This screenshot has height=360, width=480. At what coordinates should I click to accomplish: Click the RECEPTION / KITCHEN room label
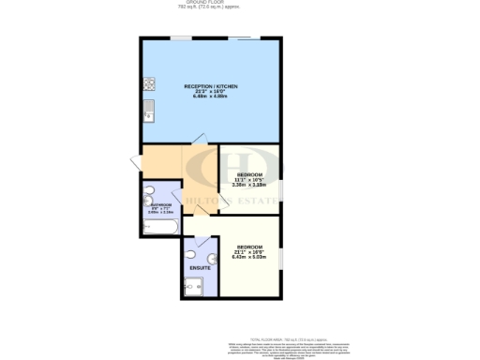(212, 86)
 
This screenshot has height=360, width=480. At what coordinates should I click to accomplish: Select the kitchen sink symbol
(148, 115)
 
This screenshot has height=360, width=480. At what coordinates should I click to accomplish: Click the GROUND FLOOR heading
(239, 4)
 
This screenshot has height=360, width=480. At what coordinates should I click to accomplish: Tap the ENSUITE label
(200, 268)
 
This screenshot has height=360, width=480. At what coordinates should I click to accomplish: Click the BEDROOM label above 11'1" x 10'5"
(249, 174)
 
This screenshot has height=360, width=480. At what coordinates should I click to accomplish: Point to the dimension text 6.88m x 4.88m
(212, 97)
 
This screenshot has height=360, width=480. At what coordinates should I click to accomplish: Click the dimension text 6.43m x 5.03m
(249, 258)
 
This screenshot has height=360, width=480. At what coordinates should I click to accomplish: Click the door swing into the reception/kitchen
(197, 141)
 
